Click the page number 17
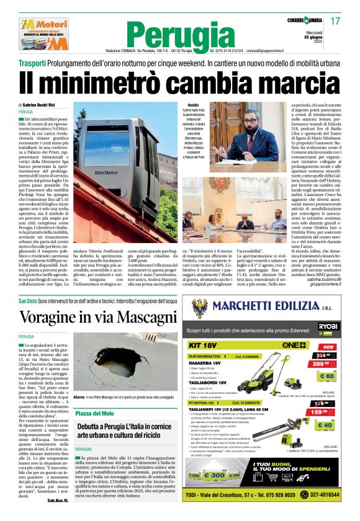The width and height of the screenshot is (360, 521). (336, 21)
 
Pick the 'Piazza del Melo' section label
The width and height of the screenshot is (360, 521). (95, 413)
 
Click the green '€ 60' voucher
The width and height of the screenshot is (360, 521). (326, 376)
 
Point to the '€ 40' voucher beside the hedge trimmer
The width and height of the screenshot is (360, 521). (325, 425)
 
